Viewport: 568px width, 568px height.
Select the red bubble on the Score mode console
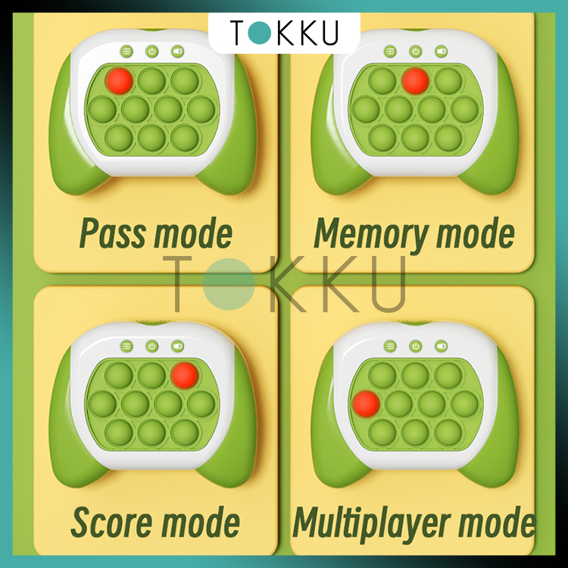click(x=184, y=373)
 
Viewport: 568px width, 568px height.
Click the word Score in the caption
click(x=111, y=522)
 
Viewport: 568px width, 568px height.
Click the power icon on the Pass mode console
click(x=151, y=51)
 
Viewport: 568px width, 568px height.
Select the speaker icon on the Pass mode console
click(x=177, y=51)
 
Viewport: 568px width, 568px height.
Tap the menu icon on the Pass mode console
click(x=126, y=51)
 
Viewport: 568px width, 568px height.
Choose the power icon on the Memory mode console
click(x=415, y=51)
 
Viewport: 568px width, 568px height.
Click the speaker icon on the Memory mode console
click(x=441, y=51)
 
